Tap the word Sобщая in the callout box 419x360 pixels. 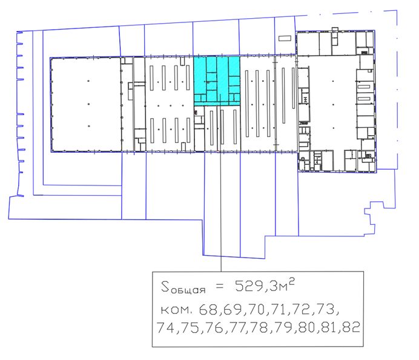click(x=183, y=287)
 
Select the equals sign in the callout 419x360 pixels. click(x=219, y=287)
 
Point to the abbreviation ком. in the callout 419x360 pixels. click(x=176, y=310)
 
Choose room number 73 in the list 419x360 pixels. click(x=326, y=309)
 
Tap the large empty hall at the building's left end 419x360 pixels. click(x=85, y=104)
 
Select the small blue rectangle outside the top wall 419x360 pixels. click(x=285, y=38)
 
